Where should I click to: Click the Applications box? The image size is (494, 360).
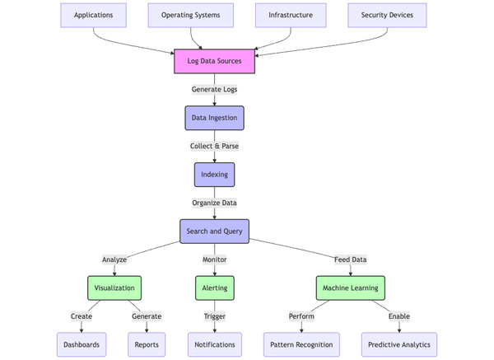93,15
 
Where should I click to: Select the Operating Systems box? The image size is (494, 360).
190,15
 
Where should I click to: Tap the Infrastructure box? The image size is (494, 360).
291,15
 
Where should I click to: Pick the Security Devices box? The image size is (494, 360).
387,15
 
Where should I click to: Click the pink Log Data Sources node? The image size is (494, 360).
214,61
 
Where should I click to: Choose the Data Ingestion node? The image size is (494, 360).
214,118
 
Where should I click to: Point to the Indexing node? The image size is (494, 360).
214,175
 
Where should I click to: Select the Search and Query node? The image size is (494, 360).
214,231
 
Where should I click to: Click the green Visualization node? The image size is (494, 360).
114,288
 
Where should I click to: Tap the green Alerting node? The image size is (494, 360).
214,288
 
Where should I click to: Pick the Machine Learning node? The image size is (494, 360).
350,288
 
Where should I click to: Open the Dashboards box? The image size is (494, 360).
82,344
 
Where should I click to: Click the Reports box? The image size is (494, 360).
147,344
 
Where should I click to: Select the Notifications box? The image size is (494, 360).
214,344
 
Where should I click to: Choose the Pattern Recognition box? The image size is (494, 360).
301,344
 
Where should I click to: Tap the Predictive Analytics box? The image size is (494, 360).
399,344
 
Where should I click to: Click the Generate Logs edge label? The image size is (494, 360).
214,89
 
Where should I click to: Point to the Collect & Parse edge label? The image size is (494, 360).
214,146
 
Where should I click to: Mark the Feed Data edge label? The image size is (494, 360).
350,259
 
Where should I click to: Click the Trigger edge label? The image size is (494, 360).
214,316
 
